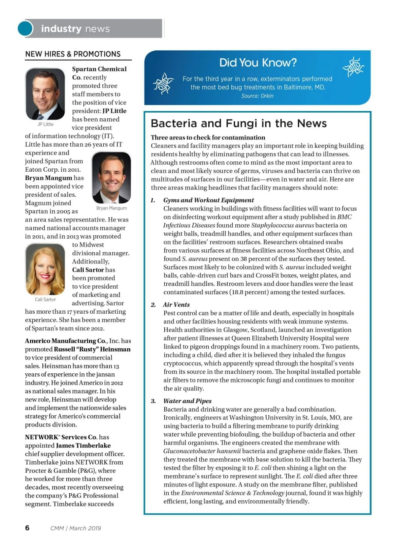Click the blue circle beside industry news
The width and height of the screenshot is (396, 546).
tap(25, 28)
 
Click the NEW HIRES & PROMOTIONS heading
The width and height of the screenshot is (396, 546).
tap(73, 54)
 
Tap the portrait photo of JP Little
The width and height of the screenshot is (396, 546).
tap(45, 94)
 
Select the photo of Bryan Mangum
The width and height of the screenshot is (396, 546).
tap(112, 178)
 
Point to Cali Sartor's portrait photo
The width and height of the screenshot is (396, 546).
tap(45, 269)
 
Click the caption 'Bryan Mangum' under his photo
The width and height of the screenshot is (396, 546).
tap(112, 208)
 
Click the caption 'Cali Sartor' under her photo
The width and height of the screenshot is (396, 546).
tap(45, 300)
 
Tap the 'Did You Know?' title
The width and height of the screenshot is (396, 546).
tap(258, 63)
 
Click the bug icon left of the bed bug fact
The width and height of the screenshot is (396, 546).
tap(163, 83)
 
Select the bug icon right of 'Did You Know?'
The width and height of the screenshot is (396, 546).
tap(353, 67)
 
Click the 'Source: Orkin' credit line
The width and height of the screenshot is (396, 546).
tap(257, 96)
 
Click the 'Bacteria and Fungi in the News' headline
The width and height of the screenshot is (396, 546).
tap(239, 123)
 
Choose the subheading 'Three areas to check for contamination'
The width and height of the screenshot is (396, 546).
tap(208, 137)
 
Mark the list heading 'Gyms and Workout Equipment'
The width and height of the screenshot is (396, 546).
tap(209, 200)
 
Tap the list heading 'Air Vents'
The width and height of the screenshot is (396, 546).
tap(177, 305)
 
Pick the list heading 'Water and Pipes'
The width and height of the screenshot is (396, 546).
tap(187, 401)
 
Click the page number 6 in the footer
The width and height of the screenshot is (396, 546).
tap(27, 528)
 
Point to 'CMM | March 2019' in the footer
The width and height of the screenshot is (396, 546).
tap(76, 528)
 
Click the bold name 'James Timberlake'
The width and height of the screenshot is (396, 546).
tap(83, 445)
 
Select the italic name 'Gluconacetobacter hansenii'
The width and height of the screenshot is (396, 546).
tap(202, 451)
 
